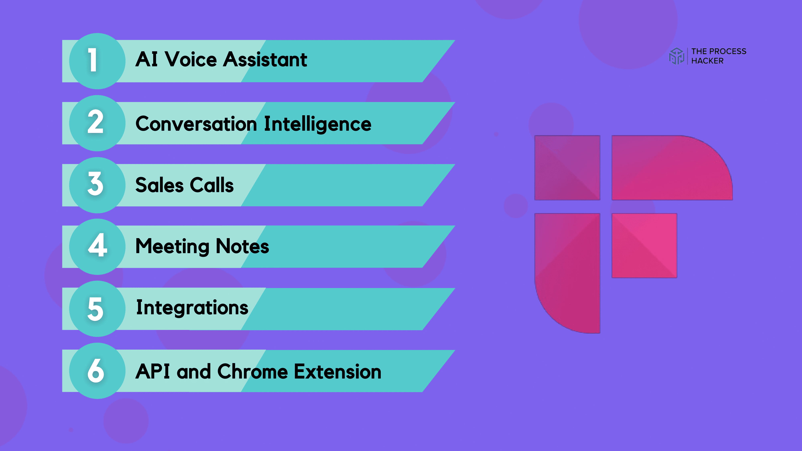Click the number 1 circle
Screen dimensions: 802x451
(x=97, y=61)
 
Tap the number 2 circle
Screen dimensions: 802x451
(x=97, y=123)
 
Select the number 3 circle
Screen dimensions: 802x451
(x=97, y=185)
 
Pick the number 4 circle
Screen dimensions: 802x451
(x=97, y=247)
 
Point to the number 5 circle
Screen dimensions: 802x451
(x=97, y=309)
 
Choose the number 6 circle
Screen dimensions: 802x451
(x=97, y=371)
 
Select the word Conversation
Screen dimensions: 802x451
(x=196, y=124)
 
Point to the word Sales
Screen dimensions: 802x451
(x=159, y=185)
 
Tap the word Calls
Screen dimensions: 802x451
(x=212, y=185)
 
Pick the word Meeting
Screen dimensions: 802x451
(x=172, y=247)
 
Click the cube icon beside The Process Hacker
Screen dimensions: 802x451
(x=676, y=56)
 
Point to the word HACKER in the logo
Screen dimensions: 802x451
(x=707, y=61)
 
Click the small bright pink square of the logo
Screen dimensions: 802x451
(x=644, y=246)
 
